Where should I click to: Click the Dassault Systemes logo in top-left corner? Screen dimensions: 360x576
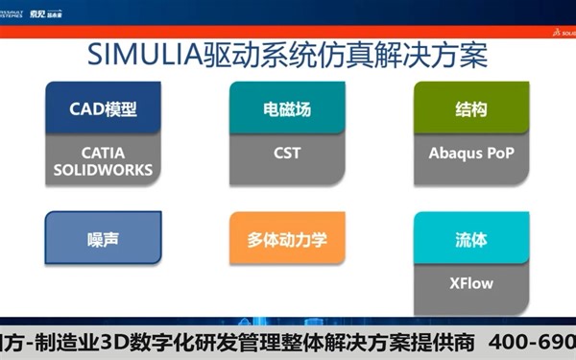(x=18, y=12)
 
